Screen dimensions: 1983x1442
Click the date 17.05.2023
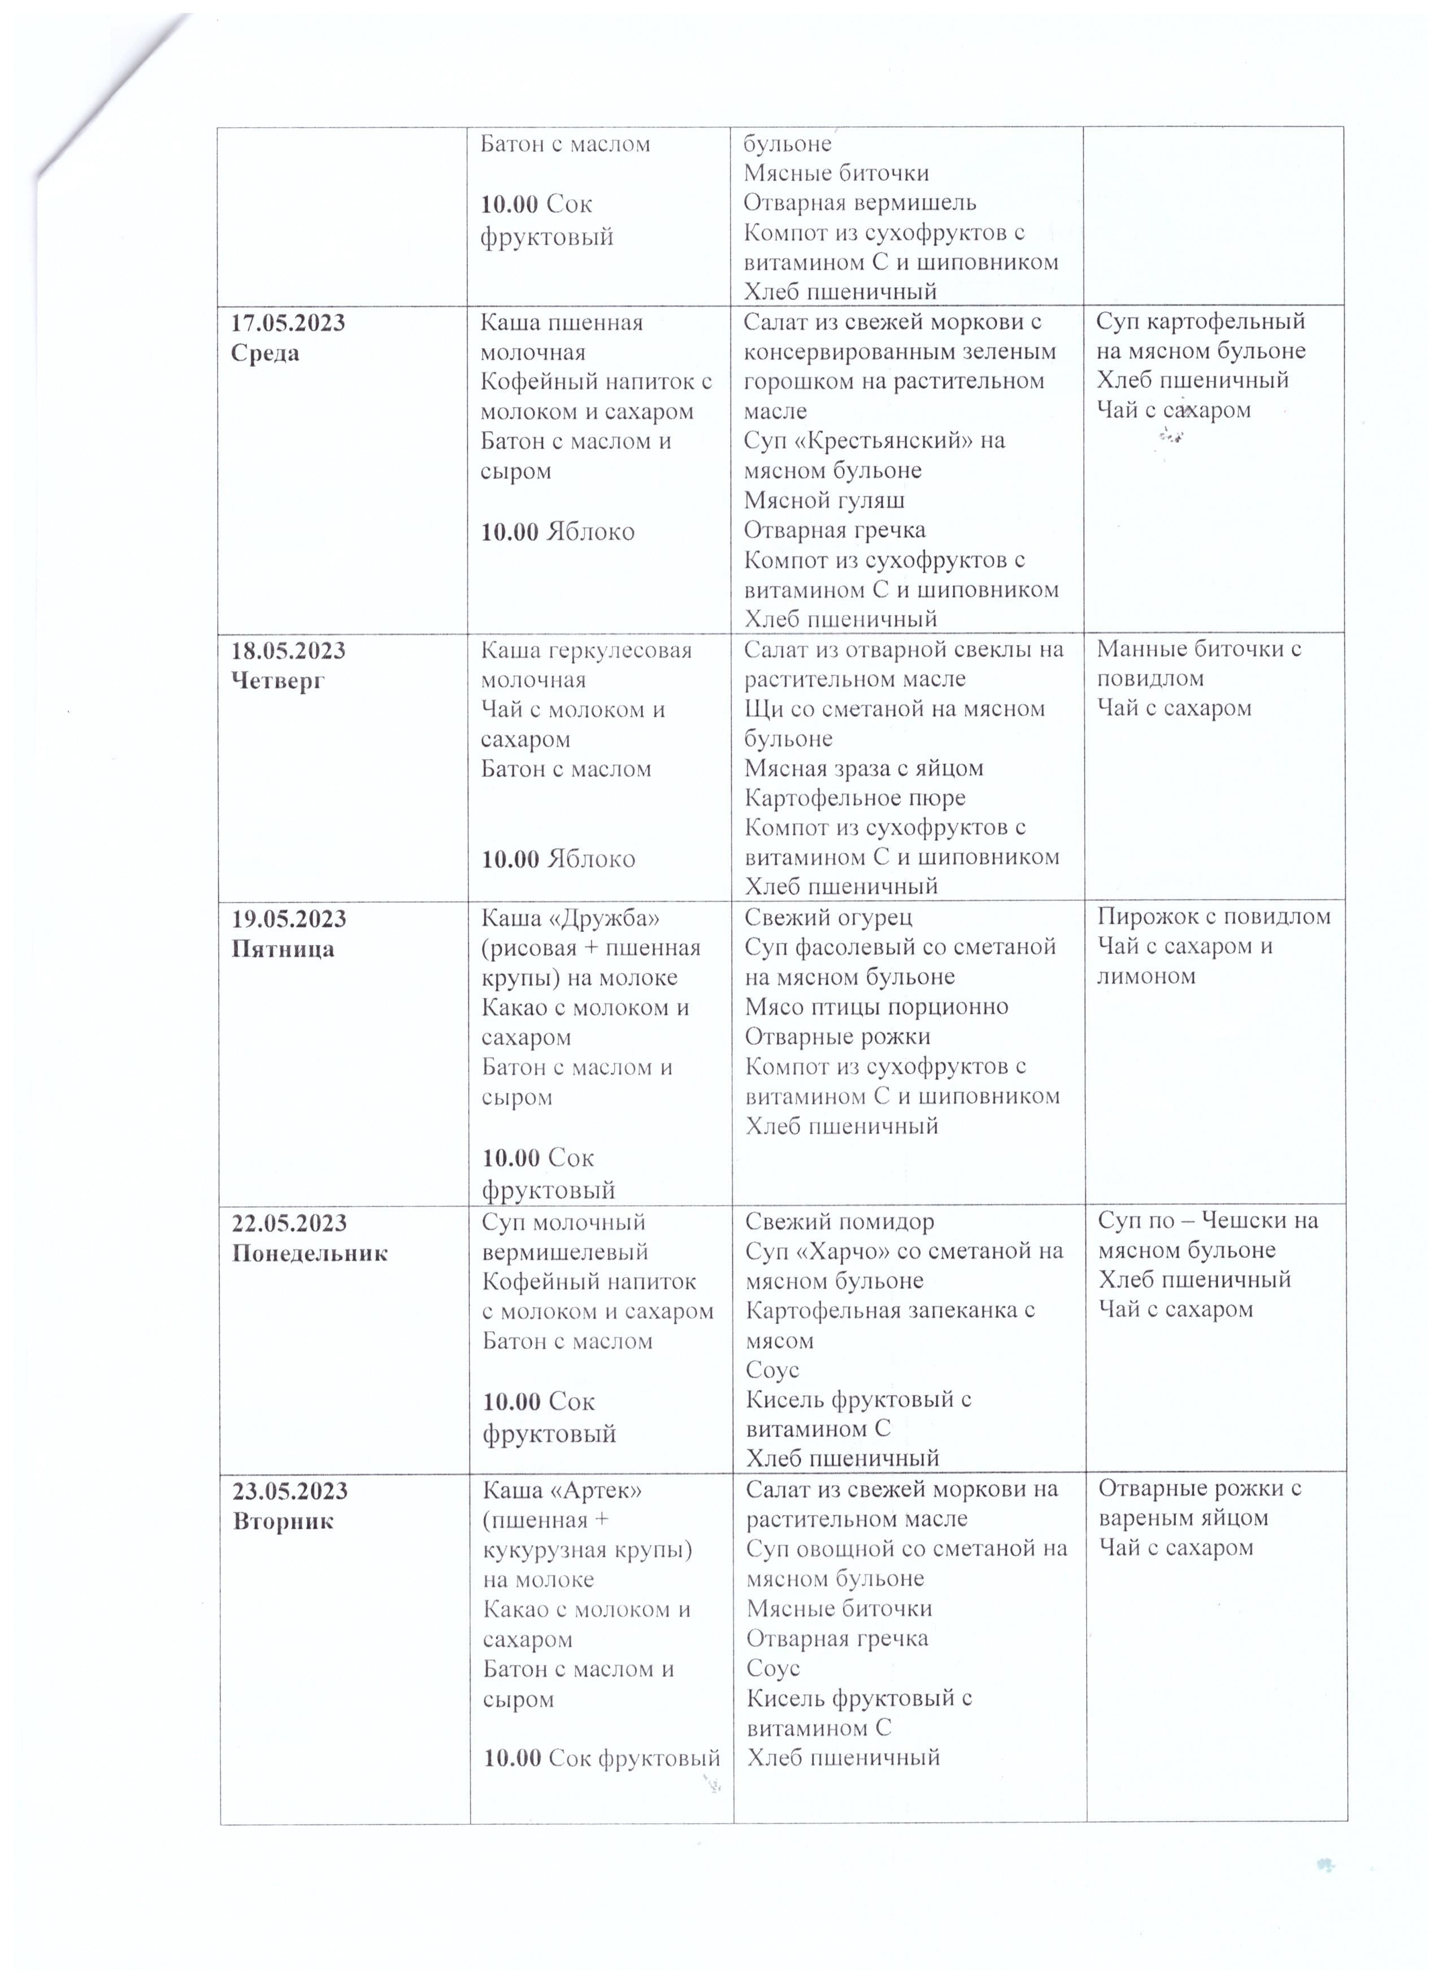click(x=288, y=323)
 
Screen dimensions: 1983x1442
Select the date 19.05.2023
click(x=289, y=919)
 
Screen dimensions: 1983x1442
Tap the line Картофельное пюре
click(x=854, y=798)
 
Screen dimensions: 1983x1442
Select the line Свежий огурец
click(x=828, y=917)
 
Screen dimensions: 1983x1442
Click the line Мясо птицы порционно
click(x=876, y=1006)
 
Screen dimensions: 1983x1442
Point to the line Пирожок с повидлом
click(x=1214, y=916)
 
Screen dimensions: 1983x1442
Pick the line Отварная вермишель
click(x=859, y=203)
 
